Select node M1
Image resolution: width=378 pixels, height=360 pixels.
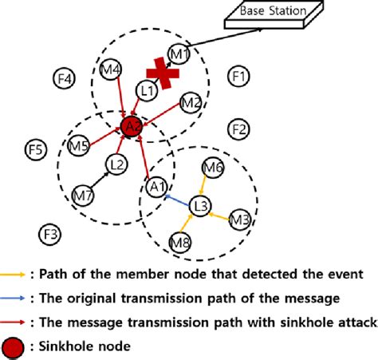[x=179, y=53]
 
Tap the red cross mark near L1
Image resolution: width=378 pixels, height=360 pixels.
[x=163, y=72]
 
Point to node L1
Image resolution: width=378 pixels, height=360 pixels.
[x=146, y=92]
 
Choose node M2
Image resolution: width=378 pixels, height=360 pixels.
[x=191, y=102]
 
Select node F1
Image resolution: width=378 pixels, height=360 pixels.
[x=238, y=77]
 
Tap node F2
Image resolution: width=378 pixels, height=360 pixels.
[x=237, y=129]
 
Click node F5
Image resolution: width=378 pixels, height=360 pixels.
[x=36, y=149]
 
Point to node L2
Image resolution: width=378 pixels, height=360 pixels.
[x=116, y=165]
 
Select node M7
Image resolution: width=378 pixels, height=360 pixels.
[x=82, y=194]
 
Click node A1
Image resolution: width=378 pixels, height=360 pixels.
[x=158, y=187]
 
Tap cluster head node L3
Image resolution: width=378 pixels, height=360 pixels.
[x=202, y=208]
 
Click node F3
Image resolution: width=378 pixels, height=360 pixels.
[x=49, y=234]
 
